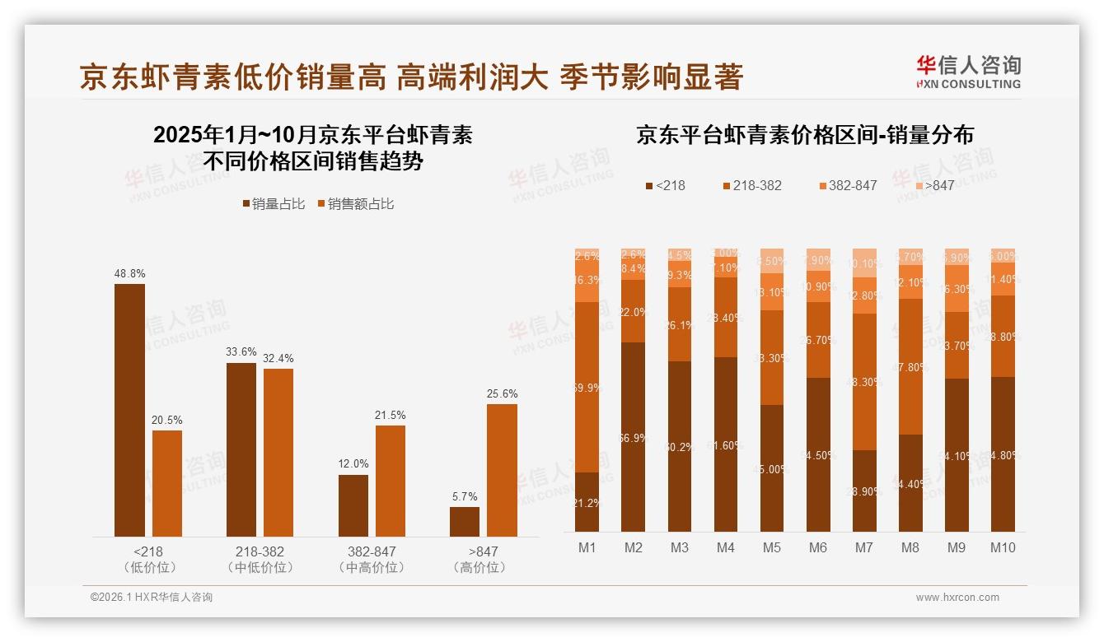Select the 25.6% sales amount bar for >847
click(x=502, y=470)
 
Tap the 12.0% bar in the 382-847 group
click(x=353, y=505)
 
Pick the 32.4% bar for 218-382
click(x=278, y=453)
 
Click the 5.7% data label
click(x=464, y=496)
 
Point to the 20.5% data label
click(x=166, y=420)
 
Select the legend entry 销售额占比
click(x=355, y=204)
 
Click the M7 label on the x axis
click(x=863, y=547)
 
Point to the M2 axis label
click(x=633, y=547)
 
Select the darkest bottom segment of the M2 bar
click(x=633, y=437)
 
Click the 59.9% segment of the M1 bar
click(x=587, y=387)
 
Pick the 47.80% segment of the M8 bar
click(x=910, y=366)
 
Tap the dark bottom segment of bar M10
click(x=1002, y=454)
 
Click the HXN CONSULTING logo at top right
click(x=968, y=72)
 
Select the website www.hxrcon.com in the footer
click(x=957, y=598)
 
